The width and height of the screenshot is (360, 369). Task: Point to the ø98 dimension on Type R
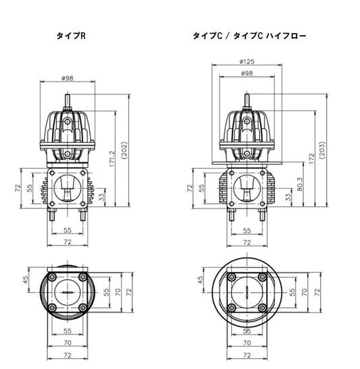point(67,78)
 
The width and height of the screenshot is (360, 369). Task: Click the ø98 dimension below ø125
point(247,73)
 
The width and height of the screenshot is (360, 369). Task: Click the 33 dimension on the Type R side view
point(101,198)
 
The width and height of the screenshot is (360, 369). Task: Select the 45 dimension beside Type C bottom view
point(201,279)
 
